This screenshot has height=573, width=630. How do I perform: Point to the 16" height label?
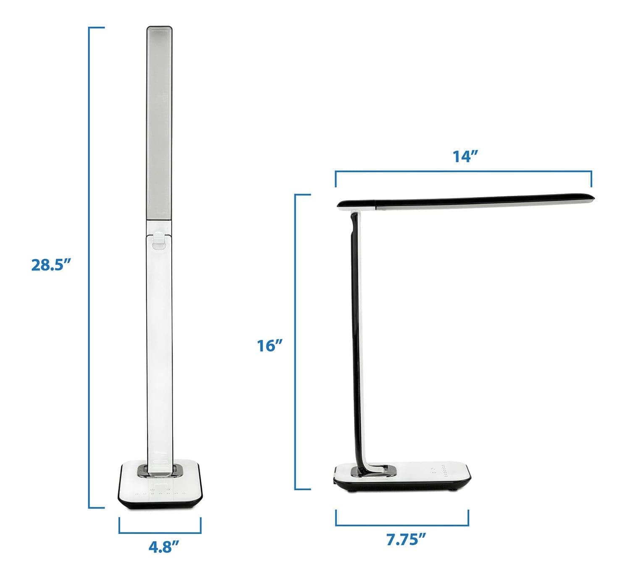[269, 345]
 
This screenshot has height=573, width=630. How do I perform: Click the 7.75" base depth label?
[406, 539]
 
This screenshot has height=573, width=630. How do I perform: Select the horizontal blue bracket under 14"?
[463, 172]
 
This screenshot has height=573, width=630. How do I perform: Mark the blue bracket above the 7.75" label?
[402, 525]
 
